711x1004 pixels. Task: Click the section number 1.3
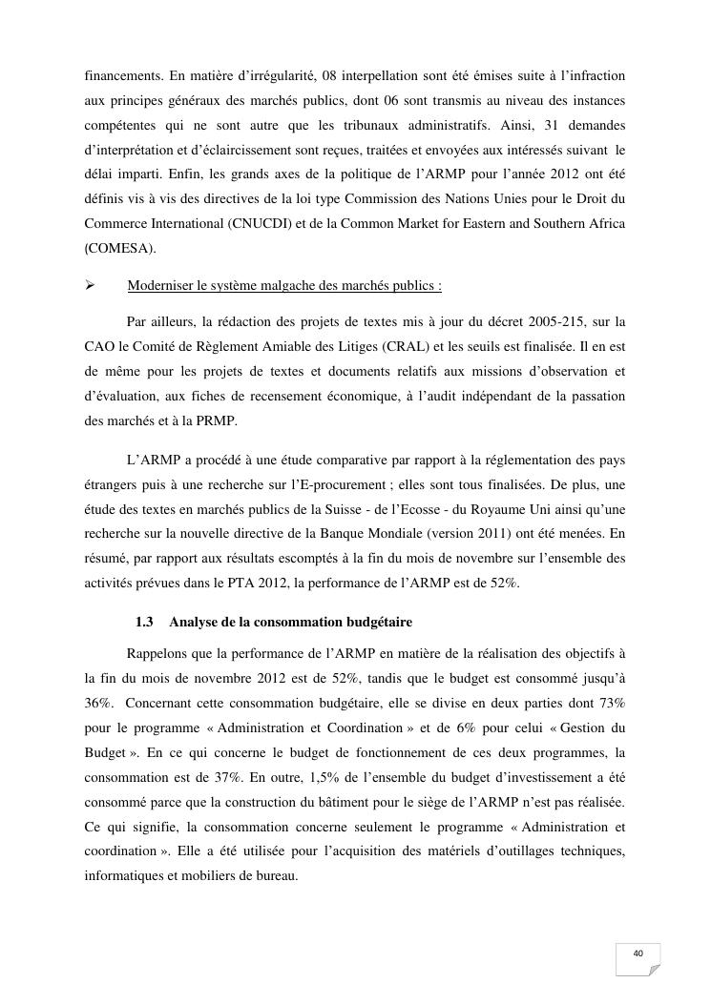(x=145, y=623)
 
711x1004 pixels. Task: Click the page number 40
(x=638, y=953)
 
